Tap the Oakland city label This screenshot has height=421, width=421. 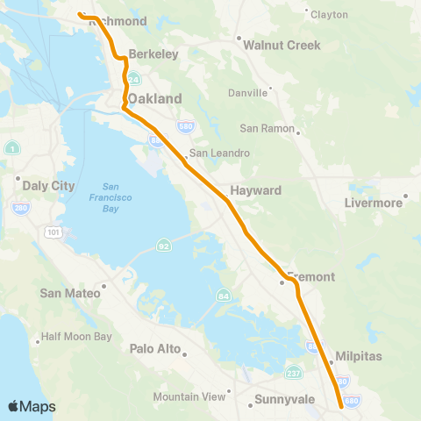click(158, 99)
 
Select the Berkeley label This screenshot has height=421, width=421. click(153, 54)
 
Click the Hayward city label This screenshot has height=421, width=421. click(255, 190)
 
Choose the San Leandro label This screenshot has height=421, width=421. click(219, 153)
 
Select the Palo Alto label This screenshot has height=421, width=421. click(155, 349)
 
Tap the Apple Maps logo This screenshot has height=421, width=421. click(32, 406)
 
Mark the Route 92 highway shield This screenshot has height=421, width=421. click(163, 245)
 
